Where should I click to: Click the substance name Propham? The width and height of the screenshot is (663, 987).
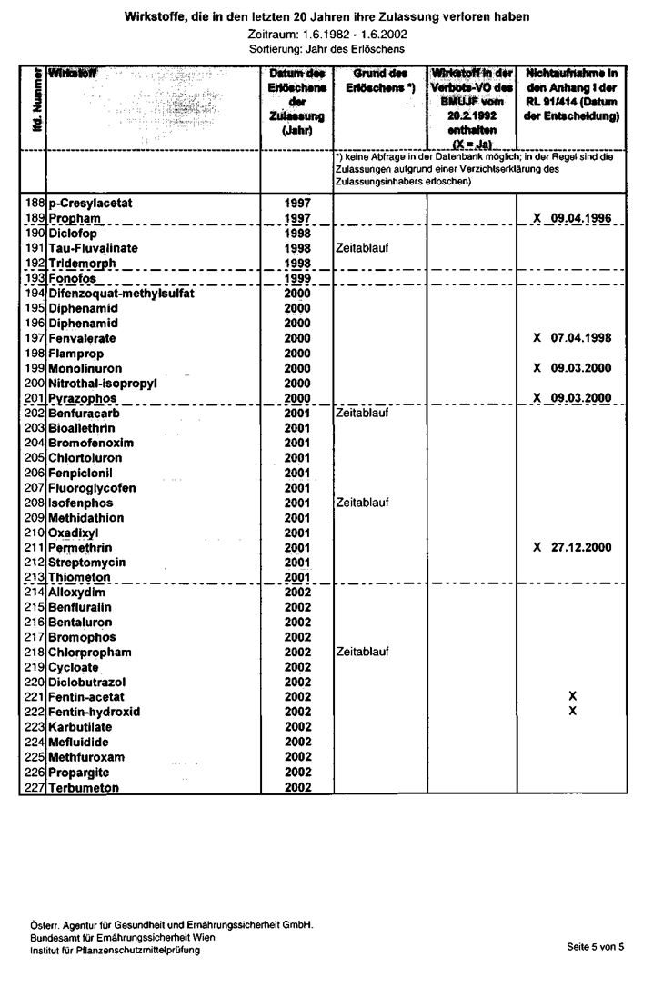(x=75, y=219)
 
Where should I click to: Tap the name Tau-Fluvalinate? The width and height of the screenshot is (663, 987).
(x=94, y=248)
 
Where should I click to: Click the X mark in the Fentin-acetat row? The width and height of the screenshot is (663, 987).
(x=572, y=696)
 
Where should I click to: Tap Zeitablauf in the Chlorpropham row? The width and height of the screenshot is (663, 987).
(x=363, y=653)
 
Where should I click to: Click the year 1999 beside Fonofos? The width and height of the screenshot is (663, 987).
(x=297, y=278)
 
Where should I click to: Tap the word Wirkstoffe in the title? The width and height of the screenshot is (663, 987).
(x=151, y=17)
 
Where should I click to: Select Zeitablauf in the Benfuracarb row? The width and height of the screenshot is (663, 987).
(x=363, y=413)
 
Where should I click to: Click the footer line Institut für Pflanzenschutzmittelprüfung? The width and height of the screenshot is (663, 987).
(x=116, y=951)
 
